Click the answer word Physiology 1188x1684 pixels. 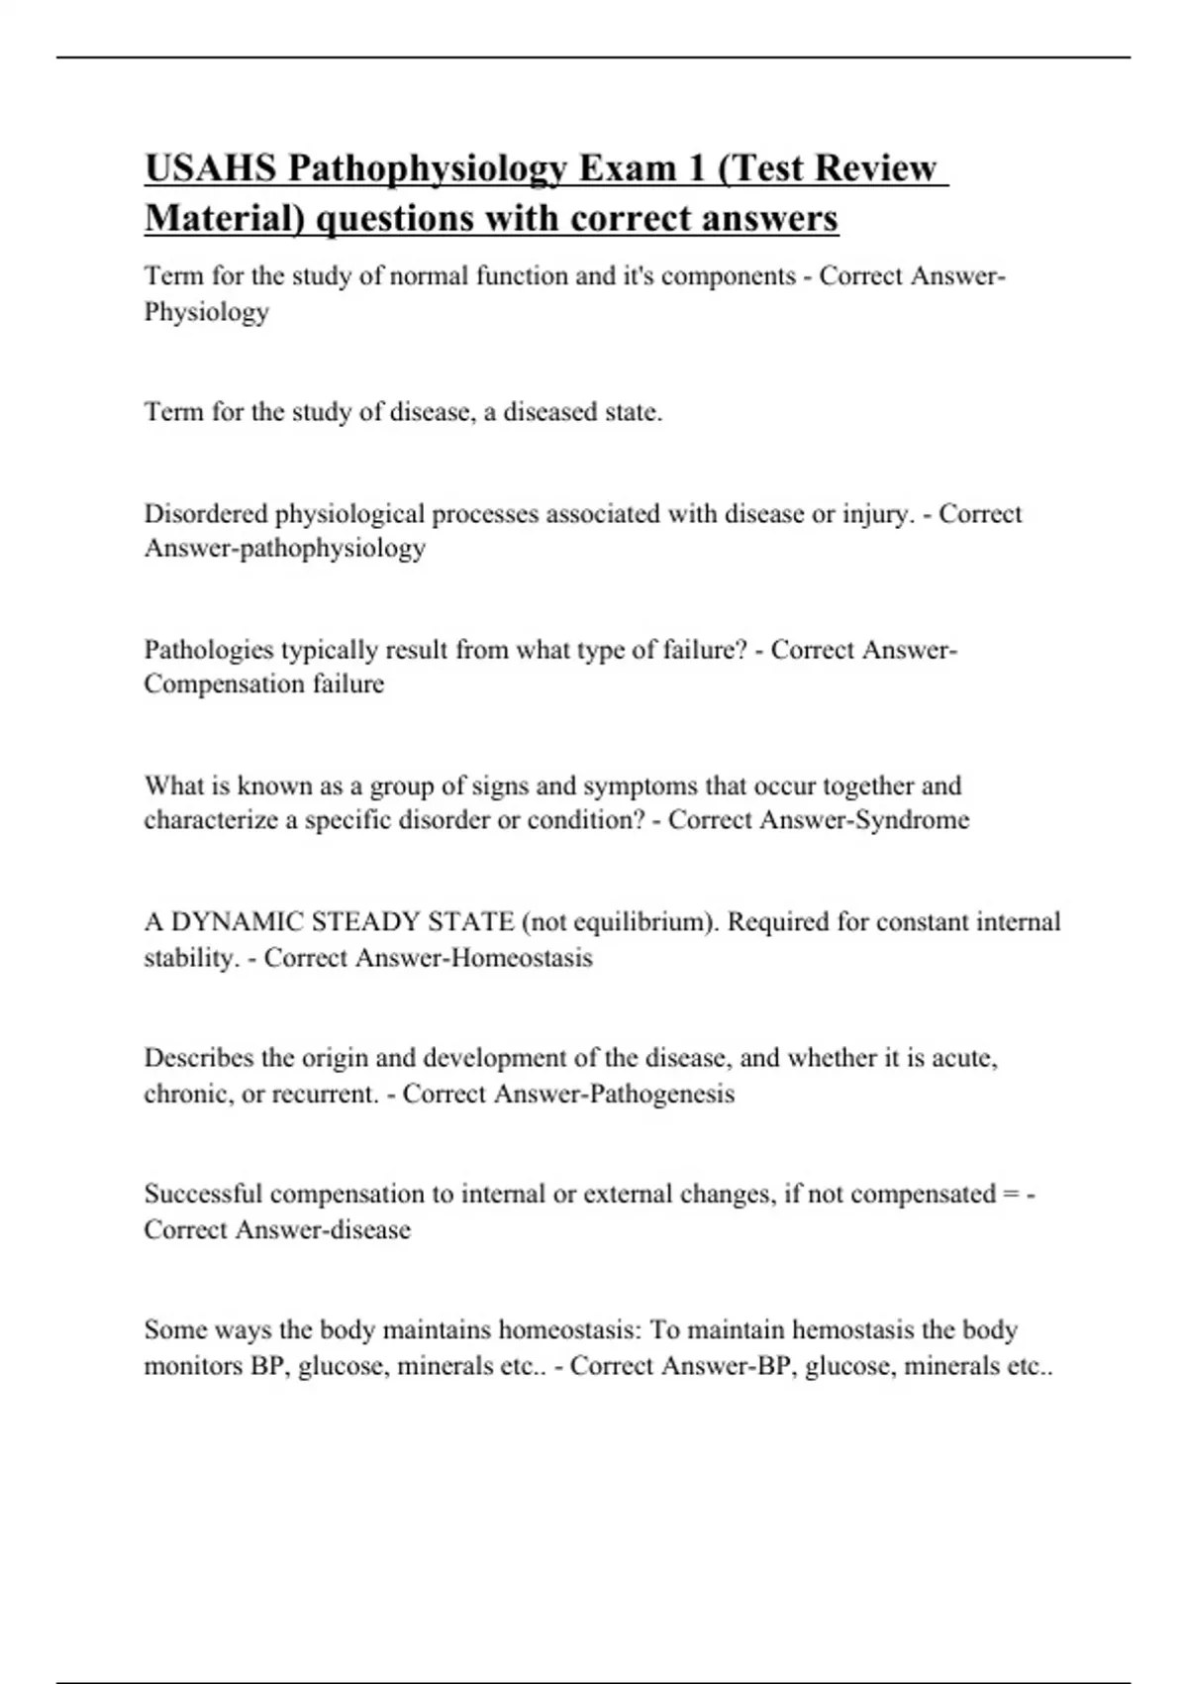click(206, 312)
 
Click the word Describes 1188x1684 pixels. click(198, 1058)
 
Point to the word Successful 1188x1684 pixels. click(203, 1194)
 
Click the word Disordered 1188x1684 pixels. click(206, 514)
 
